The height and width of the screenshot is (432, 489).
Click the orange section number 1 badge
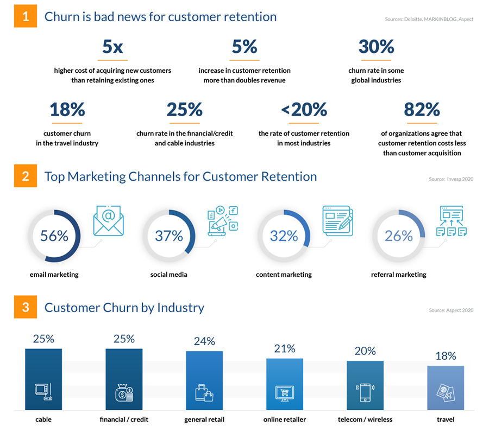(x=25, y=16)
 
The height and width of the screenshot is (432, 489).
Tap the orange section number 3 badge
(x=25, y=308)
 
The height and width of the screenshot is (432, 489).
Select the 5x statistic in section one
(x=112, y=47)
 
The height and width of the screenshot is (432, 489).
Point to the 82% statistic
(x=422, y=110)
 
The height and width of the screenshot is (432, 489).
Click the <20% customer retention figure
(x=304, y=110)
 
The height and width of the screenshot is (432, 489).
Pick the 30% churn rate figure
(x=376, y=47)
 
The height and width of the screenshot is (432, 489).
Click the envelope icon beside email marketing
(x=108, y=221)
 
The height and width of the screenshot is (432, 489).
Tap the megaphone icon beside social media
(x=223, y=221)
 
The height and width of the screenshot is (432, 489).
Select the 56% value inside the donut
(x=54, y=236)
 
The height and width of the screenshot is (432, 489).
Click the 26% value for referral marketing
(x=399, y=236)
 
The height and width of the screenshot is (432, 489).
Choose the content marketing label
(x=284, y=275)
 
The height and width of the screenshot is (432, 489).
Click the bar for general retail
(x=204, y=380)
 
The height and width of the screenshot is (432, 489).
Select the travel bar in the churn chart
(x=446, y=387)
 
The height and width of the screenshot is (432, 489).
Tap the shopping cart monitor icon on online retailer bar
(x=284, y=393)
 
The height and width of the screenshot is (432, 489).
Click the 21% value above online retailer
(x=284, y=348)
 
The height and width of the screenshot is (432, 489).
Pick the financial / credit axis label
(x=124, y=420)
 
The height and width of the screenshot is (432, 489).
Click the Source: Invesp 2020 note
(x=451, y=179)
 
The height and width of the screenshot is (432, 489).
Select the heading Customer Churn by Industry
(x=124, y=308)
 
